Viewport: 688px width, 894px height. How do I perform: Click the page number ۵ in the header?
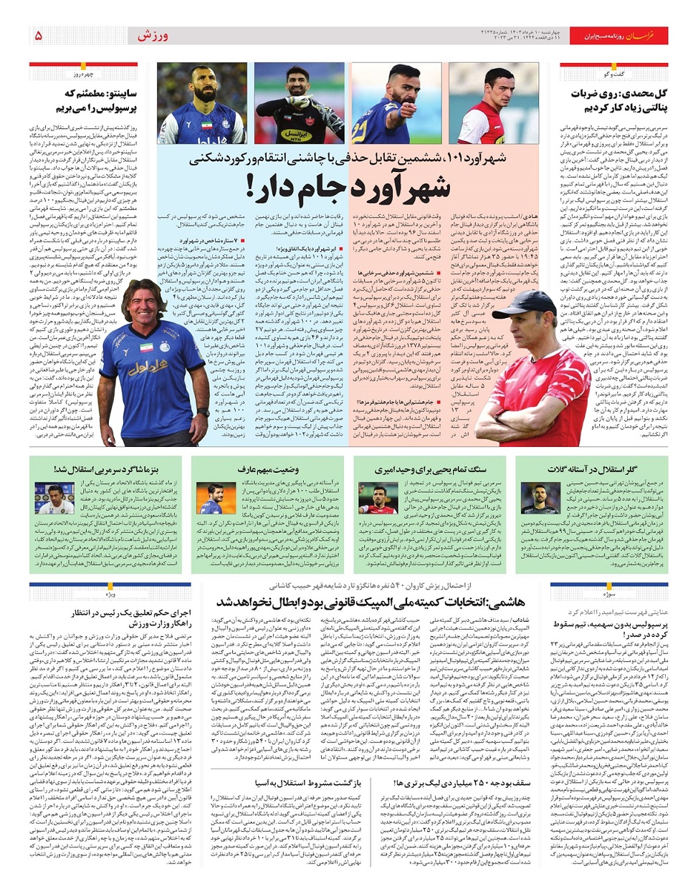pos(38,35)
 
